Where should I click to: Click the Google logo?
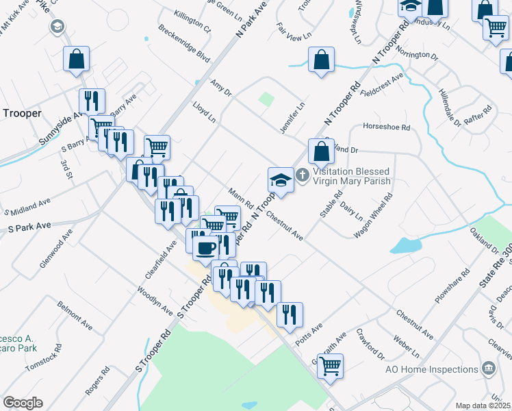coord(23,403)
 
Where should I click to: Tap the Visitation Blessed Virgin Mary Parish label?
coord(351,176)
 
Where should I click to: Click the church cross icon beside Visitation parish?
coord(304,176)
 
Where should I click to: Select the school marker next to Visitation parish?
coord(281,180)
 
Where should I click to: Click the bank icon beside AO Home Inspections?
coord(489,369)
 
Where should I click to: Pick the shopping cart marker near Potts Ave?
coord(331,366)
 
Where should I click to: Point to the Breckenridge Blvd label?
coord(183,45)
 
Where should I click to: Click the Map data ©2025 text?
coord(483,406)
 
